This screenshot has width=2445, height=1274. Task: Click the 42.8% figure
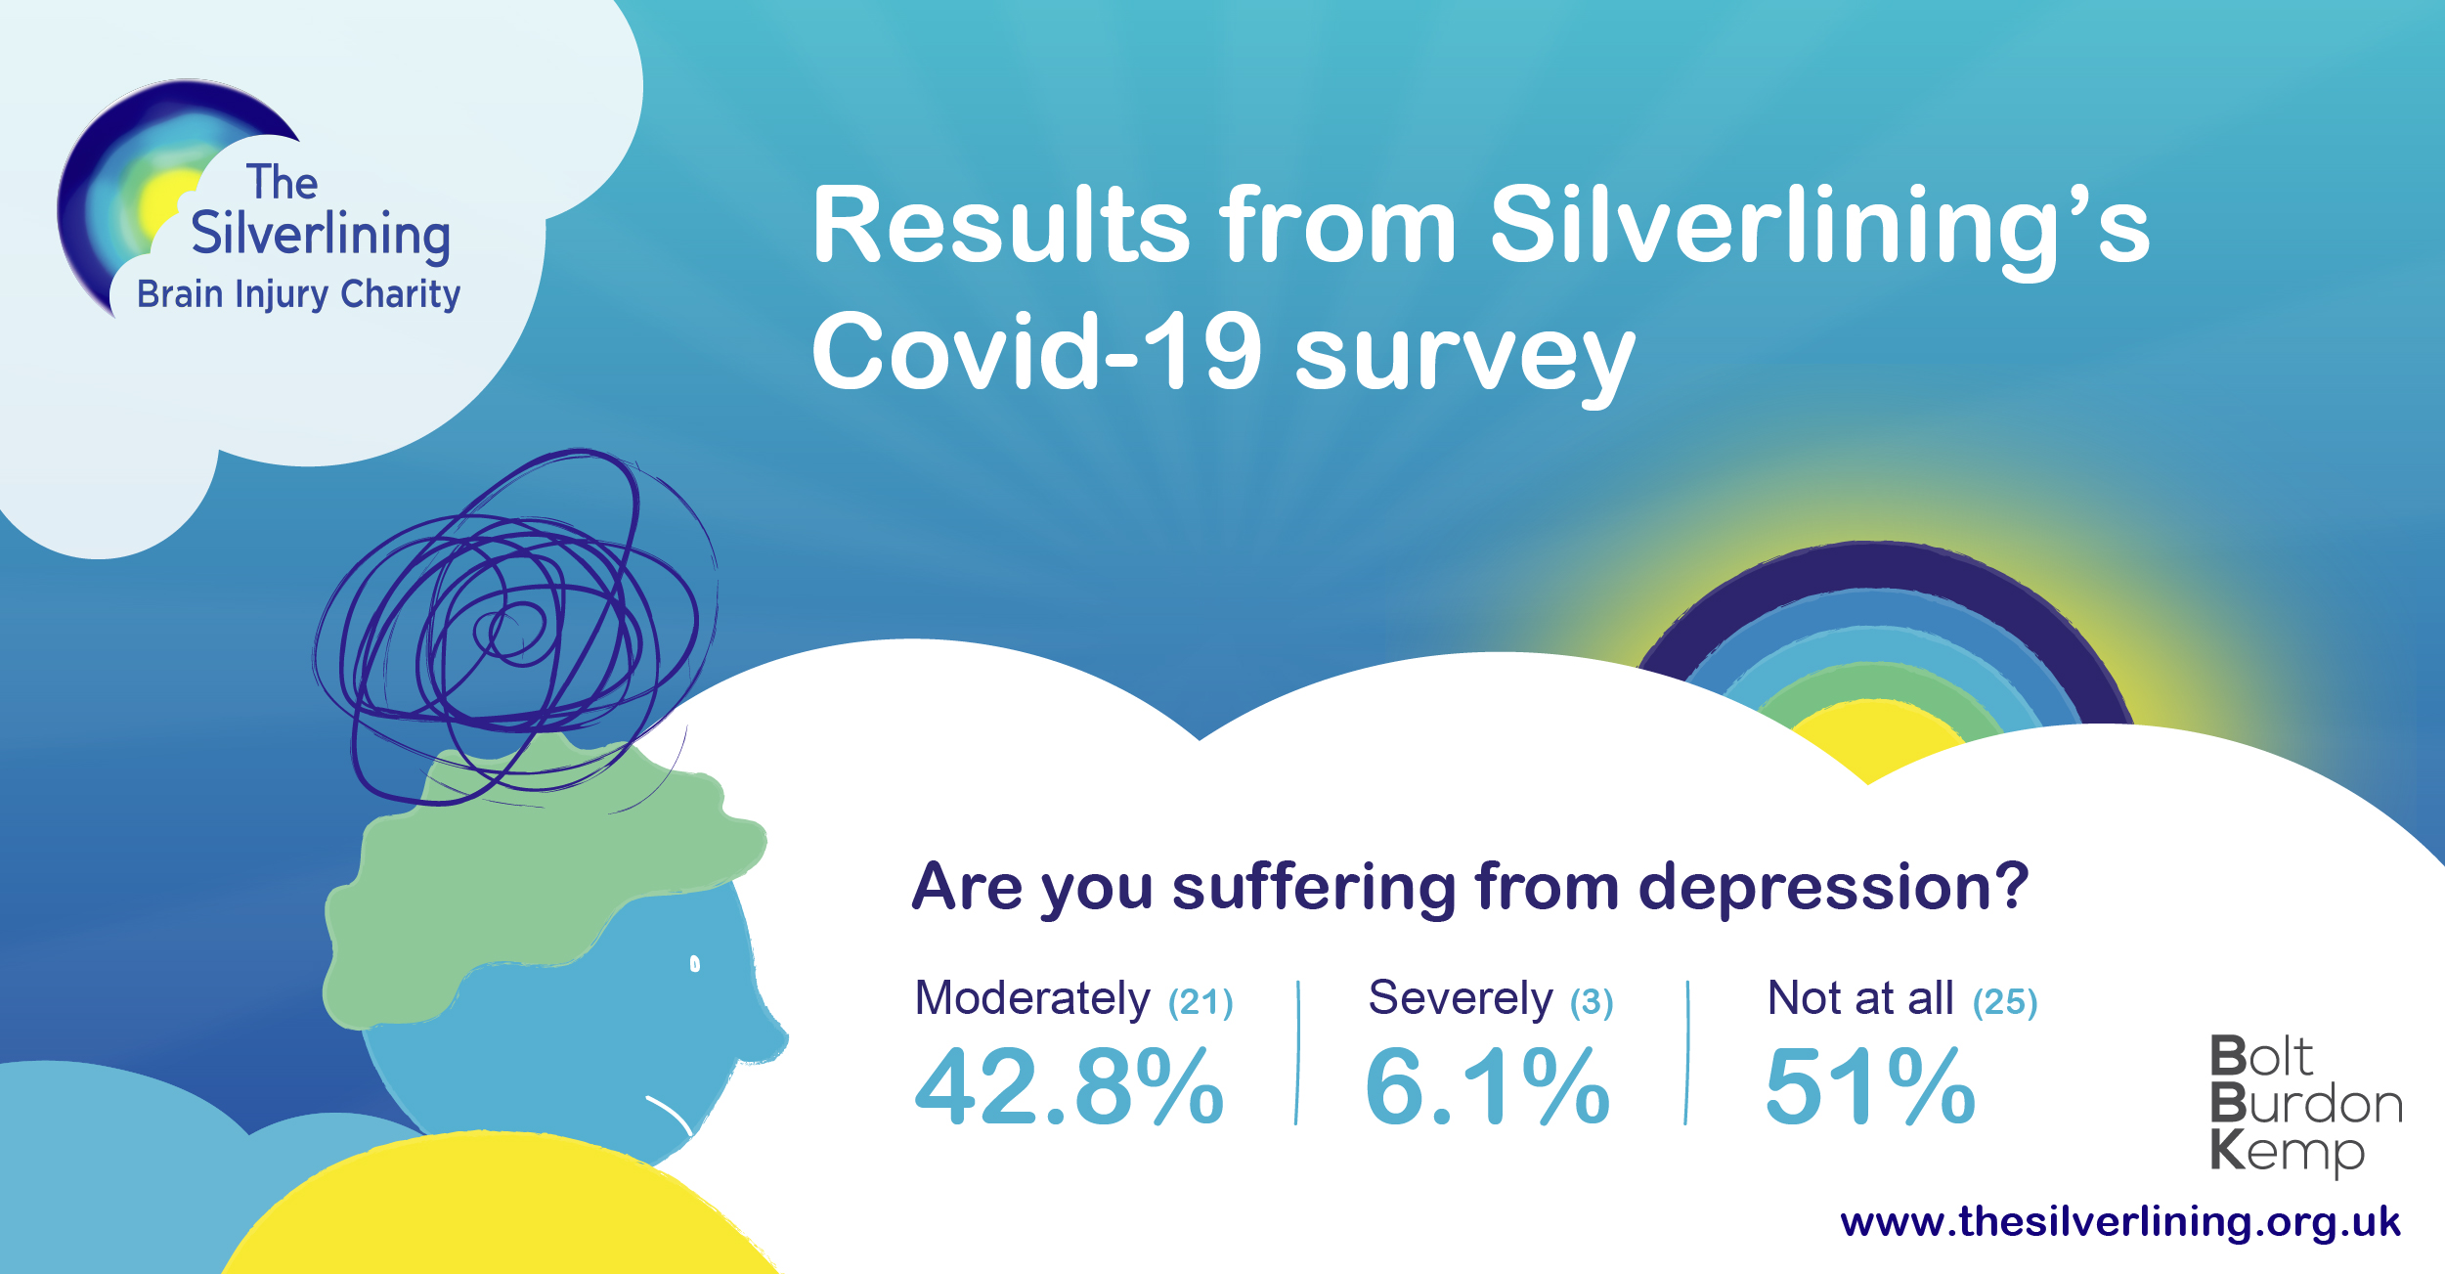coord(1070,1086)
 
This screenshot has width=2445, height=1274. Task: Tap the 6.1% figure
coord(1487,1086)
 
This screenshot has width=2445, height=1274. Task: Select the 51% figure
coord(1870,1086)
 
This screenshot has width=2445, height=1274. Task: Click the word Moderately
coord(1032,998)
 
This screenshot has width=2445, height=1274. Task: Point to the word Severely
coord(1461,998)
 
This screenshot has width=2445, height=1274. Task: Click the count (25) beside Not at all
coord(2005,1002)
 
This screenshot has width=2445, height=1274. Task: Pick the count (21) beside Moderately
coord(1201,1002)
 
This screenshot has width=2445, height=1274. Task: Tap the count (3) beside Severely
coord(1592,1002)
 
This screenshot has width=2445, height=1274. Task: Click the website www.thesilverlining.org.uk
coord(2120,1222)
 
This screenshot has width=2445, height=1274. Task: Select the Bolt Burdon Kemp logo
coord(2305,1105)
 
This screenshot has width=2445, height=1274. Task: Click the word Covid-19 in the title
coord(1037,352)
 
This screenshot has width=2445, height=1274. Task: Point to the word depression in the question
coord(1833,888)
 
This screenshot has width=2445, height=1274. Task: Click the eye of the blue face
coord(695,964)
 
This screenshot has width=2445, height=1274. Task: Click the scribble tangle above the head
coord(515,626)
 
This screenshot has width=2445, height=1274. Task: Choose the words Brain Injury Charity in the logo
coord(298,294)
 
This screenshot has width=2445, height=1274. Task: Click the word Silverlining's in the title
coord(1819,227)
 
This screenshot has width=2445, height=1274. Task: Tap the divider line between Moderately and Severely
coord(1297,1053)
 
